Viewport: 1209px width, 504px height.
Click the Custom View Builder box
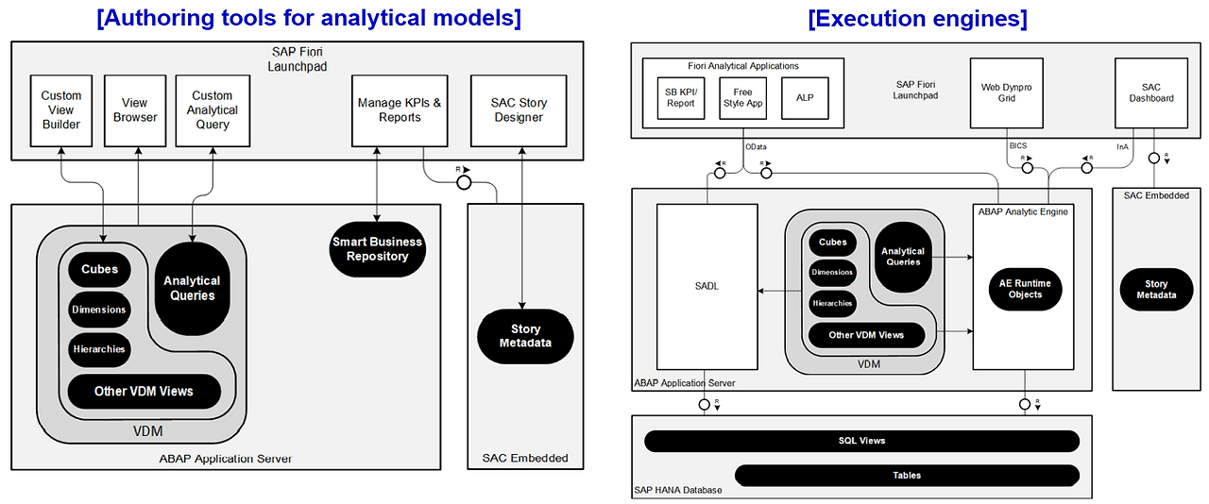pos(61,110)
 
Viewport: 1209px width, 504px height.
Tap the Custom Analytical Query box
pos(213,110)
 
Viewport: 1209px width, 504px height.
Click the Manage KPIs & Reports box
pos(400,110)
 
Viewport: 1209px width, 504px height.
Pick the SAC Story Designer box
pos(519,110)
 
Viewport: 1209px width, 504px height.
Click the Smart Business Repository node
pos(377,249)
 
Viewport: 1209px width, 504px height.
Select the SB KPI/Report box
pos(680,98)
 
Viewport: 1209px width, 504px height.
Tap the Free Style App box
pos(742,98)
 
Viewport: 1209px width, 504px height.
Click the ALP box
pos(805,98)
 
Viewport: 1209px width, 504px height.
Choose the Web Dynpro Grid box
pos(1007,92)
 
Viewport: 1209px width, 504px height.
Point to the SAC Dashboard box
pos(1151,92)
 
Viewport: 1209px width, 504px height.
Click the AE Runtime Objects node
pos(1025,289)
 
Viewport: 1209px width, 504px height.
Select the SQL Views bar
pos(861,441)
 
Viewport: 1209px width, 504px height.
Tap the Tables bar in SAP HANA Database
pos(907,475)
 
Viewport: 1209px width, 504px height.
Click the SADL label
pos(707,287)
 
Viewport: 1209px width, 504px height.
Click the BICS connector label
pos(1016,146)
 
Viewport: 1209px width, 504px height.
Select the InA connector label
pos(1122,146)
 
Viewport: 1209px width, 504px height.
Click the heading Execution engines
pos(917,18)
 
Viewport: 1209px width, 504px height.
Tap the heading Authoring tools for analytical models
pos(308,18)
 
